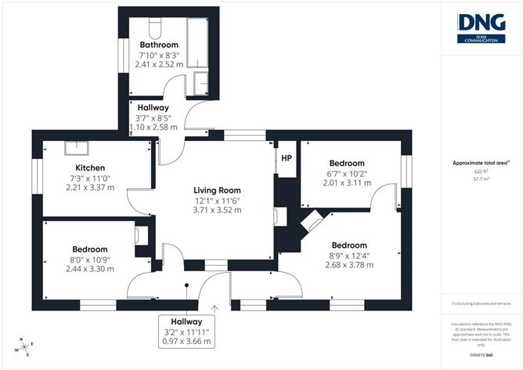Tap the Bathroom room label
pyautogui.click(x=159, y=45)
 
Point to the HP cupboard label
pyautogui.click(x=287, y=158)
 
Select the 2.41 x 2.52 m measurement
pyautogui.click(x=159, y=65)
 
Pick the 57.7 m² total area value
pyautogui.click(x=481, y=179)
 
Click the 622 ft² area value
pyautogui.click(x=481, y=171)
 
